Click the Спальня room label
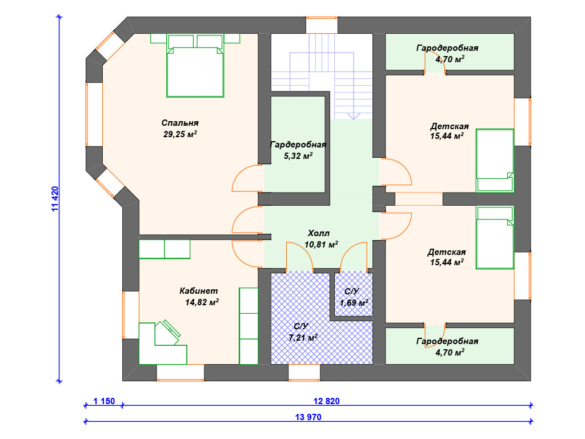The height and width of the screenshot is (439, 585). point(180,123)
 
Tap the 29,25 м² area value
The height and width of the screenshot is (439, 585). point(180,134)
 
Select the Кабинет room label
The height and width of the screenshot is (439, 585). point(198,291)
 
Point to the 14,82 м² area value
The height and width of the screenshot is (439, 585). point(202,302)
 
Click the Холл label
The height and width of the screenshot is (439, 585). point(319,233)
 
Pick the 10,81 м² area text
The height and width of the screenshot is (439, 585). point(321,245)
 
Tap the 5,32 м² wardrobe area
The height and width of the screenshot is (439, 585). point(298,155)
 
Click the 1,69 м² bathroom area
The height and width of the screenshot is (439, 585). point(354,302)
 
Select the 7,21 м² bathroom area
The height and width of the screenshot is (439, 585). point(303,337)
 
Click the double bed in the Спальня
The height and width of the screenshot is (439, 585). point(195,66)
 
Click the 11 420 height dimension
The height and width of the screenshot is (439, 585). point(55,198)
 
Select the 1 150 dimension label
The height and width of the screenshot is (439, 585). point(104,401)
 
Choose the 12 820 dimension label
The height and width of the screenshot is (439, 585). point(326,401)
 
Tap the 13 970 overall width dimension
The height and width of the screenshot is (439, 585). point(308,417)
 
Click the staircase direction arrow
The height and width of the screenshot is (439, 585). point(353,115)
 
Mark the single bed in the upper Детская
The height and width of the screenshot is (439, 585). point(495,161)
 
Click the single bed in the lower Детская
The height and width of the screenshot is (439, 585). point(495,237)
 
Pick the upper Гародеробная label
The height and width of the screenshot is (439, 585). point(447,48)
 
